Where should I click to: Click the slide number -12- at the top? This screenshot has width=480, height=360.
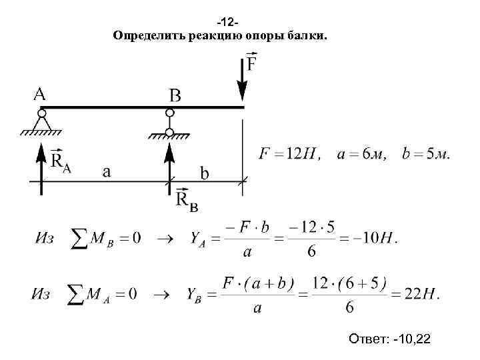[239, 22]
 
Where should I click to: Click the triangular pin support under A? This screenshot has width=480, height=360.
[42, 123]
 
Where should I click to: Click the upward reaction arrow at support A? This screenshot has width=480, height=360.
[41, 167]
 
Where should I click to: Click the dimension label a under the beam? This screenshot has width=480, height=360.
[106, 171]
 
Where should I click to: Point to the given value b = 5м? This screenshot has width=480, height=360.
[425, 155]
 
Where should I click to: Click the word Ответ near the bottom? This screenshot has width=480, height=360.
[367, 341]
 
